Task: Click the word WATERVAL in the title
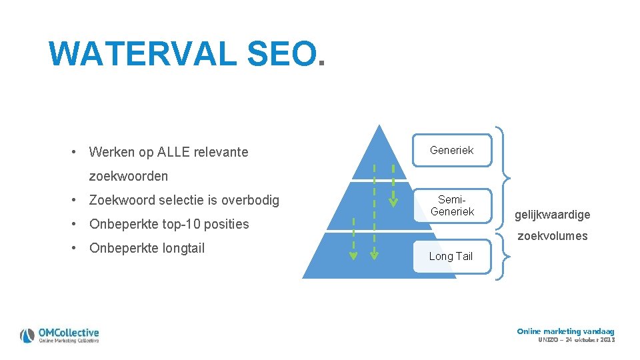[143, 54]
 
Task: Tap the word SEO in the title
[280, 54]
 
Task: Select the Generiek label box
[452, 150]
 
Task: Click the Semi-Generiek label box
[452, 205]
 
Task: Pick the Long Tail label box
[451, 256]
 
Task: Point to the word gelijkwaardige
[552, 215]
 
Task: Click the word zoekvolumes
[553, 235]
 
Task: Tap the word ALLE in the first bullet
[173, 152]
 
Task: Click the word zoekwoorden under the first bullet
[129, 176]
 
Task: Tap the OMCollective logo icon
[27, 335]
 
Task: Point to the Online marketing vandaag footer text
[565, 331]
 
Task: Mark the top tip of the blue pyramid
[379, 125]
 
